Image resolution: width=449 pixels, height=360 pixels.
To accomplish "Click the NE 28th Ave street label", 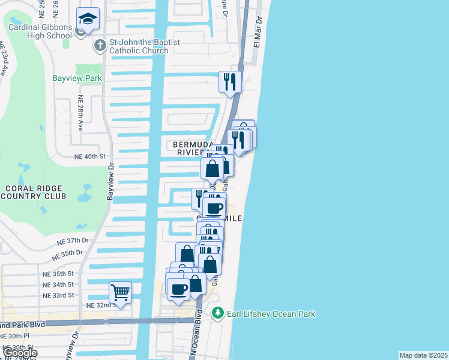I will coord(80,115).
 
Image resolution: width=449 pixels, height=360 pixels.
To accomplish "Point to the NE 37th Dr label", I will coord(73,241).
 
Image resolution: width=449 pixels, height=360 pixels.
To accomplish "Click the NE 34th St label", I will coord(58,284).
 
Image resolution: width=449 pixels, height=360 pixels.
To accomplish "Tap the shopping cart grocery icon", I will coord(120,293).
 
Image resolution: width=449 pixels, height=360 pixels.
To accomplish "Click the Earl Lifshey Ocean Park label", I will coord(270,314).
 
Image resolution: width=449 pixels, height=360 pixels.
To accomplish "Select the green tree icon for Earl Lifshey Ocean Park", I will coord(218,313).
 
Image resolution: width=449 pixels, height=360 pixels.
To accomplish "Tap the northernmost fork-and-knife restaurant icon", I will coord(229,81).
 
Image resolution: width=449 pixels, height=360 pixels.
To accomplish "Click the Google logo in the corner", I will coord(20,353).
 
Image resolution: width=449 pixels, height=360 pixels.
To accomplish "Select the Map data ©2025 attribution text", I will coord(423,355).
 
